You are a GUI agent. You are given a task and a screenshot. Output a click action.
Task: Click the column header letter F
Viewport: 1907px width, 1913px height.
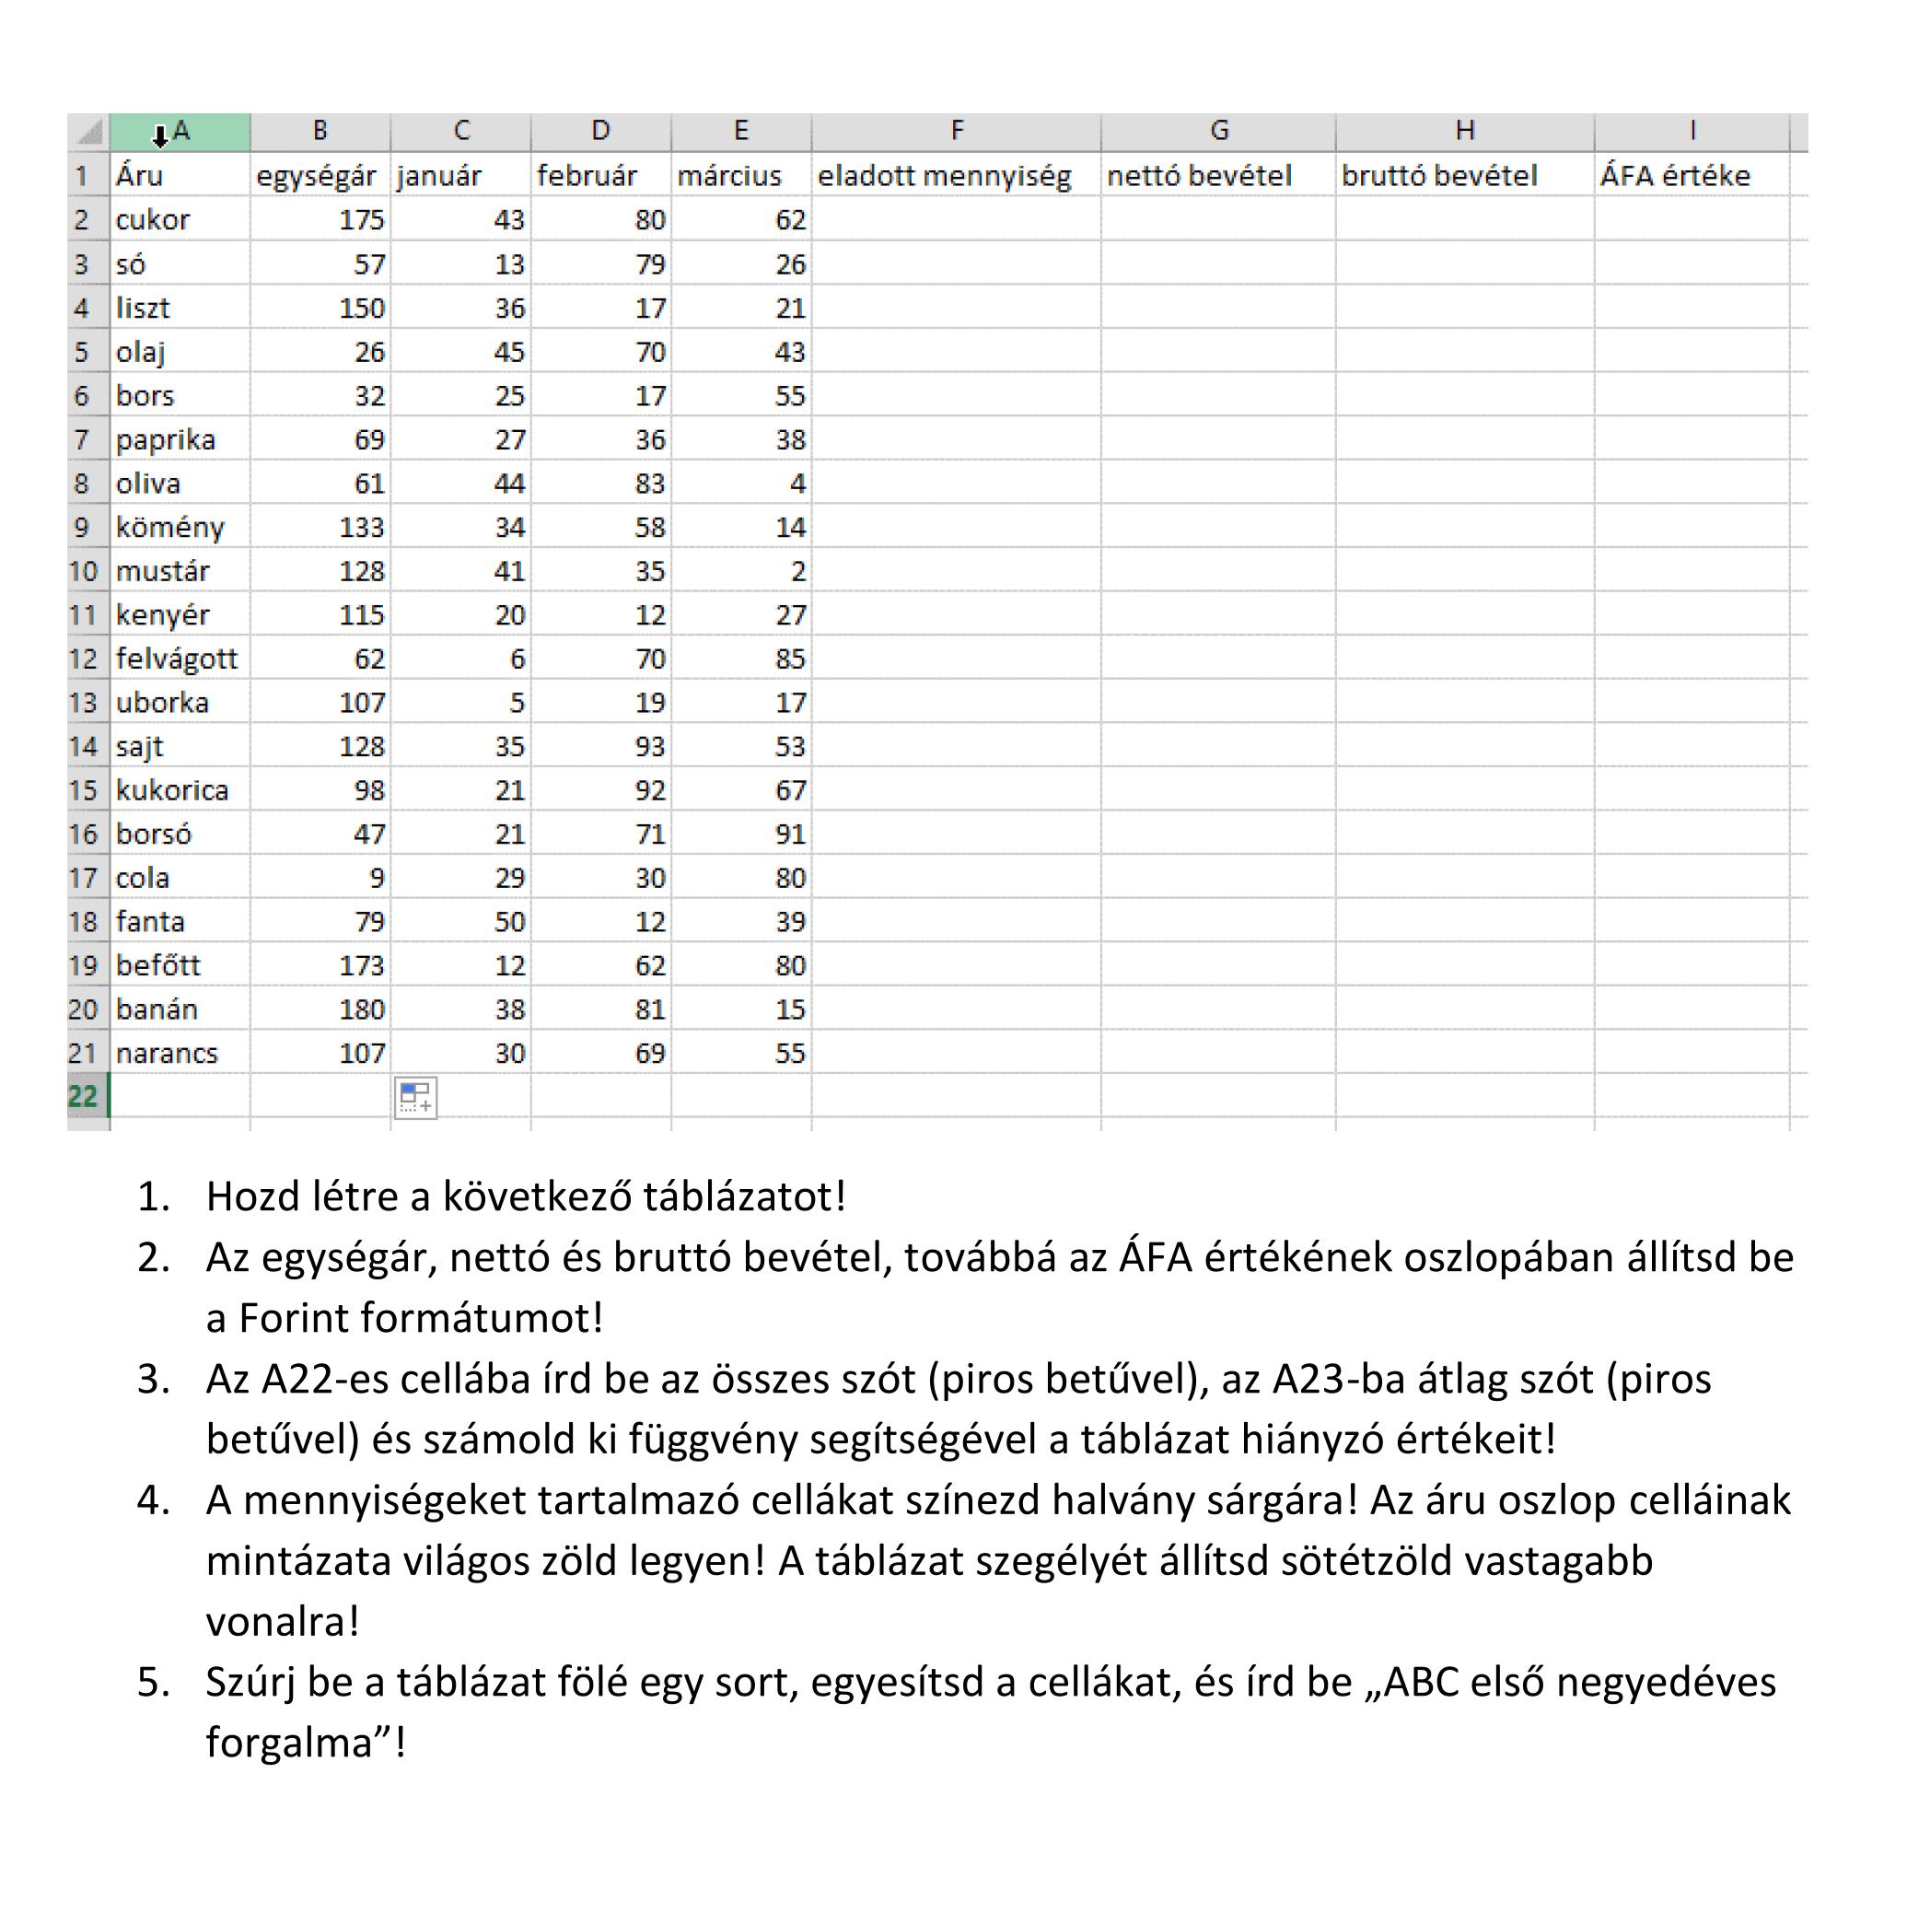pyautogui.click(x=957, y=131)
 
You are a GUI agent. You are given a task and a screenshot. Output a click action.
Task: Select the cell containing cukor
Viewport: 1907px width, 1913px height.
pyautogui.click(x=153, y=220)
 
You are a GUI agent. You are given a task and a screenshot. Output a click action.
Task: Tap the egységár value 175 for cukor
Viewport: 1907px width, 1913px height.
pyautogui.click(x=360, y=220)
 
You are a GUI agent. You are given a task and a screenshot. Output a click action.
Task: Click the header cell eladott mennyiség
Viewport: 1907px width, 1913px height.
pyautogui.click(x=944, y=176)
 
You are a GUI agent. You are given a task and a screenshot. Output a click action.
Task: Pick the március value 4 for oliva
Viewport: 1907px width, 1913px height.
pyautogui.click(x=797, y=484)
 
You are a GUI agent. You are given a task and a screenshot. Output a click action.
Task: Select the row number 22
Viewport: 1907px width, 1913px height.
pyautogui.click(x=83, y=1096)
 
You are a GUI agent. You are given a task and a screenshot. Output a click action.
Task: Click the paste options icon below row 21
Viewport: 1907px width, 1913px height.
pyautogui.click(x=415, y=1097)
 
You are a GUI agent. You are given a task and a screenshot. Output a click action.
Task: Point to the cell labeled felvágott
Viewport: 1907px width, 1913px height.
pyautogui.click(x=176, y=659)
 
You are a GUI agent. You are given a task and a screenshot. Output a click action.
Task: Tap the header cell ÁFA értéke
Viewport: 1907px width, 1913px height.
pyautogui.click(x=1675, y=176)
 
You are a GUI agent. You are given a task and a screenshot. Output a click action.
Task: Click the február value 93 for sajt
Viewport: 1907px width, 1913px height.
pyautogui.click(x=649, y=747)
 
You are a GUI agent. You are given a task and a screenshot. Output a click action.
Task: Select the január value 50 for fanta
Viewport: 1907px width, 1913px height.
pyautogui.click(x=509, y=922)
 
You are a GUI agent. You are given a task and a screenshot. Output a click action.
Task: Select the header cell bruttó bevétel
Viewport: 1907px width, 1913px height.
pyautogui.click(x=1438, y=176)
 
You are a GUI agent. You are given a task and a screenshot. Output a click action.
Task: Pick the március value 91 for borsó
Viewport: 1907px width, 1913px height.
pyautogui.click(x=790, y=834)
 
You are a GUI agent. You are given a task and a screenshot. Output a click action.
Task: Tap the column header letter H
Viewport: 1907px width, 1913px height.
pyautogui.click(x=1464, y=131)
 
